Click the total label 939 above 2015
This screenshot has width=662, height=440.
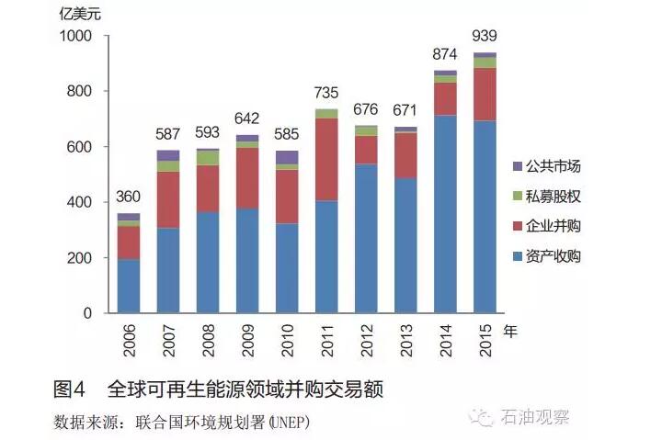coord(484,36)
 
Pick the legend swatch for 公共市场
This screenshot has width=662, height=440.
coord(517,166)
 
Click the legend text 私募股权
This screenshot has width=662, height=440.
coord(554,196)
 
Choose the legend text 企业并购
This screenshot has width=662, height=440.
coord(554,226)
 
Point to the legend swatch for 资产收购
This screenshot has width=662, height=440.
coord(517,256)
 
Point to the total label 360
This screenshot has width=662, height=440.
coord(129,197)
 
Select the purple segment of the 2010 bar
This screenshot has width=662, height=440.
coord(287,157)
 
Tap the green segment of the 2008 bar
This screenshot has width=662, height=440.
coord(208,158)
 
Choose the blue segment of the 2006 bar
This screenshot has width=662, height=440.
coord(129,286)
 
